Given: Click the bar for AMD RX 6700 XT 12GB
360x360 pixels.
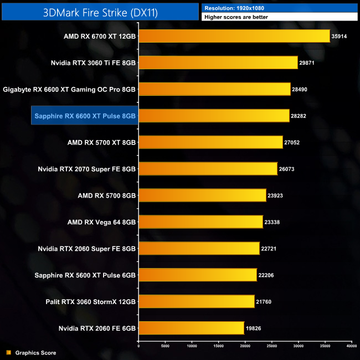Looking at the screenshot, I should (x=234, y=36).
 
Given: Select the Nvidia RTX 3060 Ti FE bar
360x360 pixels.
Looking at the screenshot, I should (x=218, y=63).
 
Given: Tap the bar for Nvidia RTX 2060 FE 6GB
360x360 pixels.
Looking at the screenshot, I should (x=191, y=328).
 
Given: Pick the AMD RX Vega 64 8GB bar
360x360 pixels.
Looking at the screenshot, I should (x=200, y=222).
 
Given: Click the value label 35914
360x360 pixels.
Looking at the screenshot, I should (x=340, y=36).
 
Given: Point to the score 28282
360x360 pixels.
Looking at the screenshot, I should (x=300, y=116).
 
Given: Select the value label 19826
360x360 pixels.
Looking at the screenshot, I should (x=254, y=328).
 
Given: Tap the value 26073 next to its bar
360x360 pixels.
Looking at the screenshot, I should (x=287, y=169).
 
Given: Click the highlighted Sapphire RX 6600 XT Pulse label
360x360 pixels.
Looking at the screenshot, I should (x=85, y=116).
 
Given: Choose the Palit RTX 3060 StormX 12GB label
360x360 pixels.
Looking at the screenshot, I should (x=90, y=302).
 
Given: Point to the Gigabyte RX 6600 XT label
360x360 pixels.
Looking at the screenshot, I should (x=69, y=89).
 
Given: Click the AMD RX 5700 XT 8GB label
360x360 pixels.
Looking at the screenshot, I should (x=101, y=142).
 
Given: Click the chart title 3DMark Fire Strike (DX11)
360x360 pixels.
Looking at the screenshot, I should (x=100, y=12).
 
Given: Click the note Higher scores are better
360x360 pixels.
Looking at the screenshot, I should (x=236, y=17).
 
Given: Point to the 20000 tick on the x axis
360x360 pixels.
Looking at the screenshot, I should (x=245, y=346).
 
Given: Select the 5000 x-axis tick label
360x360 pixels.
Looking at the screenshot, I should (x=165, y=346).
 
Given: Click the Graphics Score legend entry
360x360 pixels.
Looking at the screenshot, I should (x=35, y=353).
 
